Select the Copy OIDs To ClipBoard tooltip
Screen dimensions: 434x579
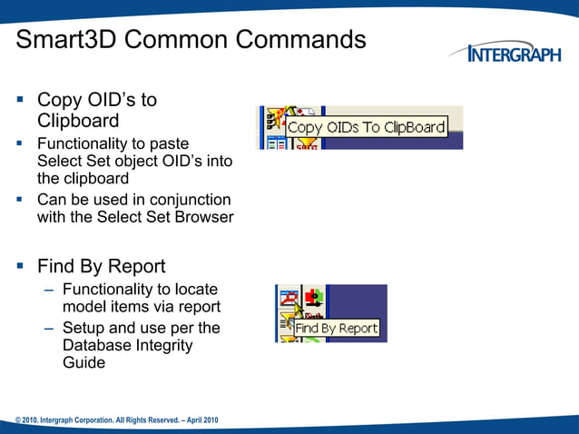pos(367,127)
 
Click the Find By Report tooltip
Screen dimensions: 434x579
pos(336,328)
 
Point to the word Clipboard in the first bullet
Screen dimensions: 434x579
pos(78,121)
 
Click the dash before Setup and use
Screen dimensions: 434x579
pos(46,328)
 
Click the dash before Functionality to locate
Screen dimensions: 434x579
pos(46,290)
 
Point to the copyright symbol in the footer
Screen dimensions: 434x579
pos(18,419)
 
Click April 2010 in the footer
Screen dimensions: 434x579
pos(199,419)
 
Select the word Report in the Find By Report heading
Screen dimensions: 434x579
pos(137,266)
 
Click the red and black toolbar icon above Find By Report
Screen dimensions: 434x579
pos(314,296)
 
